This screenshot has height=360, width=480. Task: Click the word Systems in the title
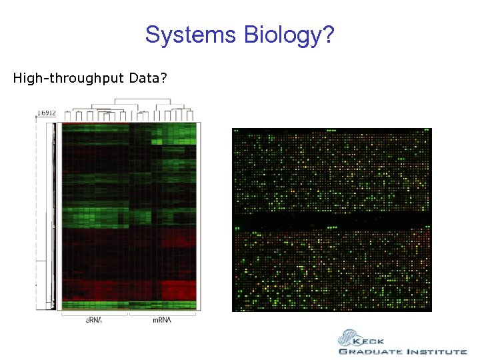coord(187,34)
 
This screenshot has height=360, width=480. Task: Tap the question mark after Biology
coord(327,34)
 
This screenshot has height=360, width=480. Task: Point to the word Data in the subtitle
coord(145,79)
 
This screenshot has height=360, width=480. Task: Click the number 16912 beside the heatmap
coord(47,113)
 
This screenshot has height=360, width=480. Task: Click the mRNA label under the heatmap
coord(162,321)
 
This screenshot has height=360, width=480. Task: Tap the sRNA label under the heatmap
coord(94,321)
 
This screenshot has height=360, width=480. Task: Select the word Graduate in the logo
coord(369,351)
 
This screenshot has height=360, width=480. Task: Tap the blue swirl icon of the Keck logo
coord(347,338)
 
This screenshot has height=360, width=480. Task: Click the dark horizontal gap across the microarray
coord(332,219)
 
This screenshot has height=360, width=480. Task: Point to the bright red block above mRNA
coord(179,290)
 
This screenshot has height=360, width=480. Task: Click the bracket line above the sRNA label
coord(94,313)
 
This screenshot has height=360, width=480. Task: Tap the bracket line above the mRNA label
coord(163,313)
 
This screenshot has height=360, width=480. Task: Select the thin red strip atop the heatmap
coord(93,123)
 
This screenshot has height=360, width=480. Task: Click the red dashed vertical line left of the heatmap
coord(36,213)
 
